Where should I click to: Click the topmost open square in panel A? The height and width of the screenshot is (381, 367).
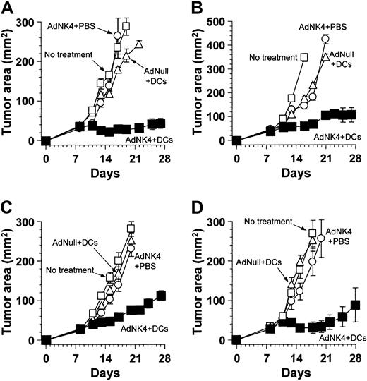click(126, 26)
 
